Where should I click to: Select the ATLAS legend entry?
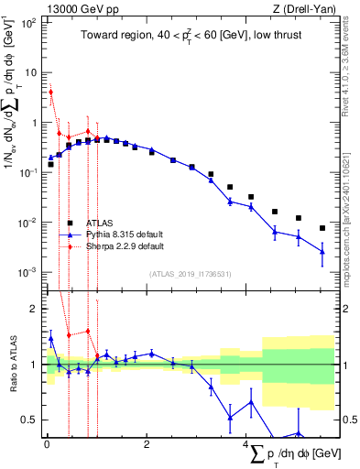tap(101, 223)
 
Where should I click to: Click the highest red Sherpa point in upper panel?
tap(51, 92)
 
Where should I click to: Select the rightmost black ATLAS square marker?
tap(322, 228)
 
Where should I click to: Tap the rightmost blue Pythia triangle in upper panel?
tap(322, 251)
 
